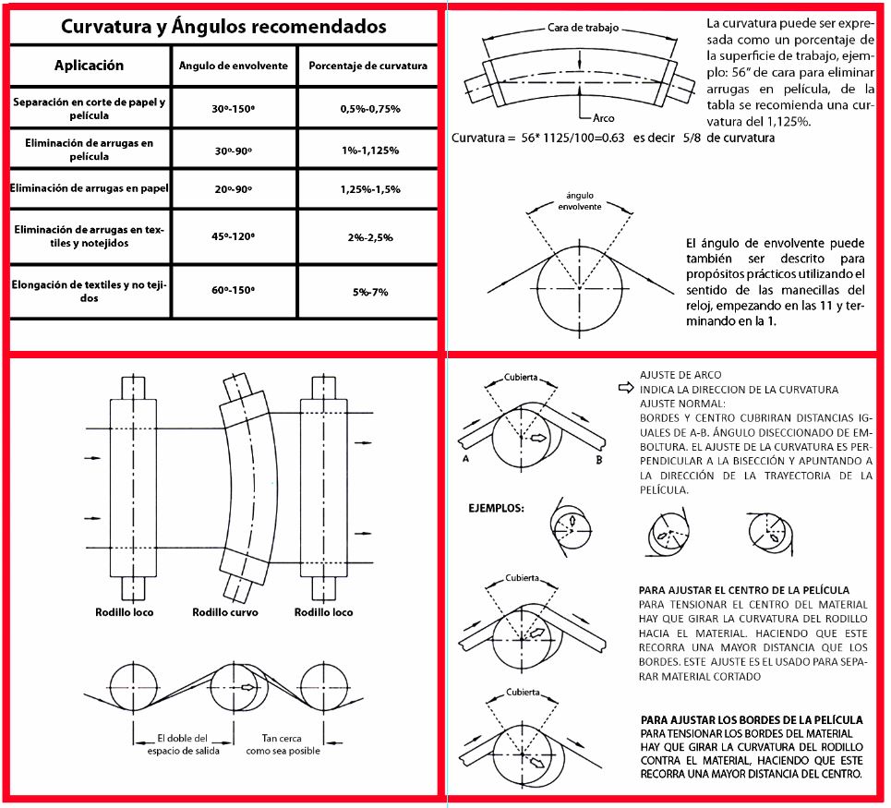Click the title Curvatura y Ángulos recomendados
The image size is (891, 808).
coord(223,26)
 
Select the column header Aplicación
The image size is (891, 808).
coord(89,66)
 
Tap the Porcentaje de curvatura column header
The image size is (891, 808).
coord(367,66)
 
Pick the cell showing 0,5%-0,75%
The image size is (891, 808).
coord(369,109)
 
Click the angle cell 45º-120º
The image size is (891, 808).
coord(233,236)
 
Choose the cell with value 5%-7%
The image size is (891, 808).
coord(369,292)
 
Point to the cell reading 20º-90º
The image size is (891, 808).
coord(233,189)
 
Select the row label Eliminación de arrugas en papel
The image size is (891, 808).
coord(89,188)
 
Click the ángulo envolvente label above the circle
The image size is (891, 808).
coord(579,201)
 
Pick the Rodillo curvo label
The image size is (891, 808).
coord(224,612)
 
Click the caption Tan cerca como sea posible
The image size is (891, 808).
coord(283,744)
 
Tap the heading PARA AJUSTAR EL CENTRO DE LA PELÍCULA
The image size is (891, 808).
coord(743,589)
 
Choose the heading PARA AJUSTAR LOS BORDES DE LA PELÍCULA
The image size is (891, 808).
coord(752,719)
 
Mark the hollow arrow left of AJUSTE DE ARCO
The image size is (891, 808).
coord(624,389)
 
